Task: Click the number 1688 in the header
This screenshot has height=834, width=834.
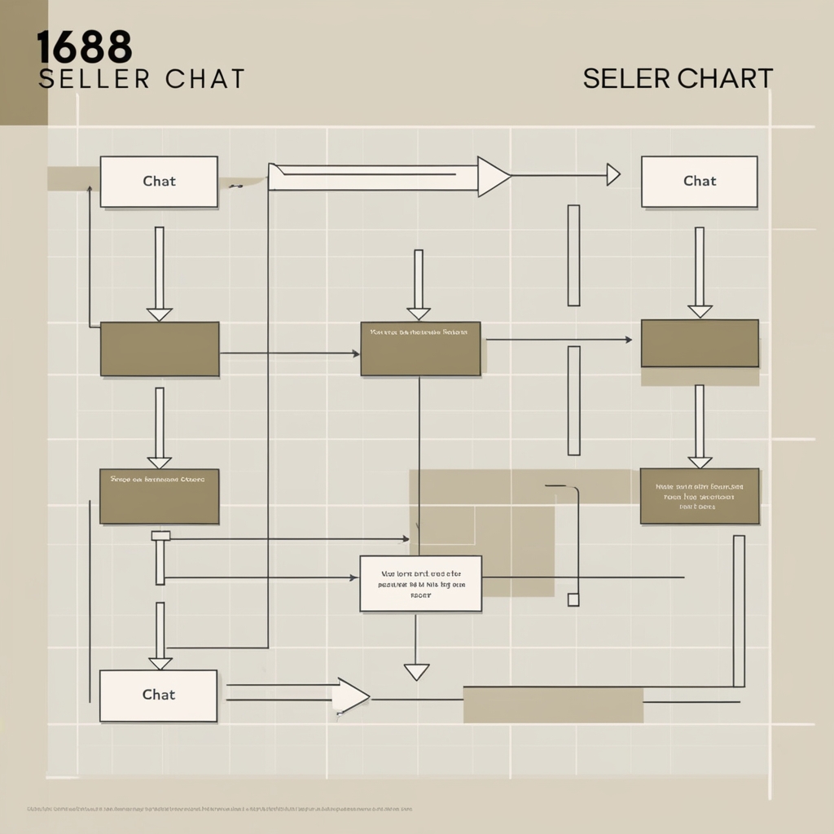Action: [85, 48]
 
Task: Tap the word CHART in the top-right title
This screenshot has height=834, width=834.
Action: [725, 78]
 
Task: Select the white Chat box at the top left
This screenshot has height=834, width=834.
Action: [159, 181]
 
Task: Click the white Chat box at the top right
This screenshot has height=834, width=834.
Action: [699, 181]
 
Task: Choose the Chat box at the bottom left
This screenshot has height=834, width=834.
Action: [158, 695]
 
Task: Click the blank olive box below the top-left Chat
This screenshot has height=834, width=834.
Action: [160, 349]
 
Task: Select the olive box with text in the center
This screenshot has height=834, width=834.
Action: [420, 349]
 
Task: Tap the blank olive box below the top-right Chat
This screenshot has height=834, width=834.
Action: [700, 343]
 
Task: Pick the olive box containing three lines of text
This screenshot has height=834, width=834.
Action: [699, 495]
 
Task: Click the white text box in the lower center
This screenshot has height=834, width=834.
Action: [420, 583]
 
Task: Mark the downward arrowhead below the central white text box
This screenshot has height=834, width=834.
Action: [416, 672]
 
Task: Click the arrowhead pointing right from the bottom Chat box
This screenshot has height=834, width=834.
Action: [351, 696]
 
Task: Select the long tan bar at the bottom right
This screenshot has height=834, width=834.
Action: [553, 705]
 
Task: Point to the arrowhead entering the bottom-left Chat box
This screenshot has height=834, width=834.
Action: [160, 663]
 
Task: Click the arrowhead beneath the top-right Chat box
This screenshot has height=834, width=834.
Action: [700, 311]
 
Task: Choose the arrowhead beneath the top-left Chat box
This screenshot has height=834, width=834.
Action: [160, 314]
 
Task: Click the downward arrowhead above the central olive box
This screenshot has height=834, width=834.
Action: [419, 314]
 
